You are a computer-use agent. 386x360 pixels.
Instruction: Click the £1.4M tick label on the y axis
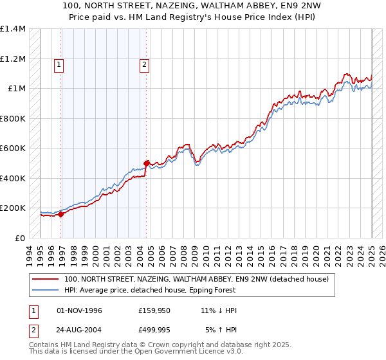click(x=13, y=29)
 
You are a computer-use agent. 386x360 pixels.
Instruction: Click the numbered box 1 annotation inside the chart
click(x=59, y=64)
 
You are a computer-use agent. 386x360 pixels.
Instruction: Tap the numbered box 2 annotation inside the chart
click(x=144, y=64)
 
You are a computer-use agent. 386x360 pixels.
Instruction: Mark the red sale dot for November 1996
click(x=61, y=215)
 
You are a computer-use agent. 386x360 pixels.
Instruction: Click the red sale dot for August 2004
click(x=146, y=163)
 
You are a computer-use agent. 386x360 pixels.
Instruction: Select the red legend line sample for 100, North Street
click(x=45, y=279)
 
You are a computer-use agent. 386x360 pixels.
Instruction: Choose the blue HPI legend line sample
click(x=45, y=290)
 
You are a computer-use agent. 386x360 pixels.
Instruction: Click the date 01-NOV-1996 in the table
click(x=80, y=310)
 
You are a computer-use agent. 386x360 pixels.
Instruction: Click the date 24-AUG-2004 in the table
click(x=80, y=330)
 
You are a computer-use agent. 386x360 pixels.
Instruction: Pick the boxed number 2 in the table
click(x=33, y=330)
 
